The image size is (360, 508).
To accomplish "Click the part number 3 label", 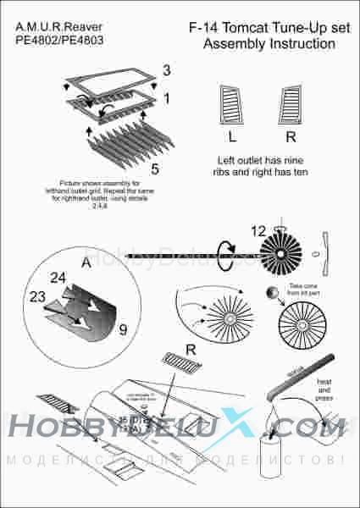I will click(167, 69).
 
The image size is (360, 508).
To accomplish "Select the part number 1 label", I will click(167, 98).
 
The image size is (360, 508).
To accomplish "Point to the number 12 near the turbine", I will click(258, 228).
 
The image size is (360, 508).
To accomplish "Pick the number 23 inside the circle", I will click(38, 297).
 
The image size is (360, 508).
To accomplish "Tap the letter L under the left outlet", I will click(232, 135).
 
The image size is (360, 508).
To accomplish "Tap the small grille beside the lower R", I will click(182, 363).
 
